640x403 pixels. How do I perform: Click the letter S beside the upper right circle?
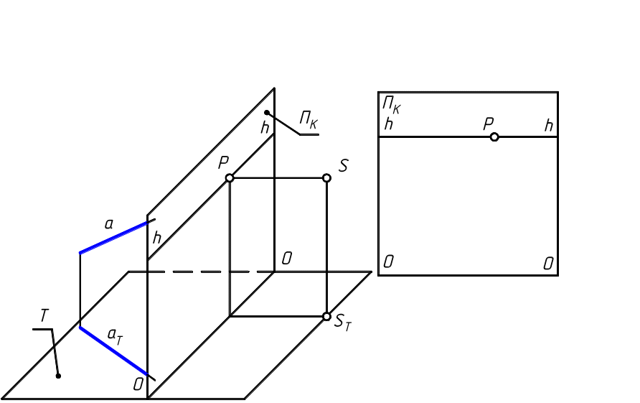click(x=343, y=166)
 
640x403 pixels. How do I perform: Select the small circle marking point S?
click(x=326, y=177)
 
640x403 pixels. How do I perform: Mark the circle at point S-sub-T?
click(x=326, y=316)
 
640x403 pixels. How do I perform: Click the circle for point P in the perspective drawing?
click(x=230, y=177)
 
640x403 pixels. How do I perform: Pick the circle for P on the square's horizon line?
click(x=494, y=136)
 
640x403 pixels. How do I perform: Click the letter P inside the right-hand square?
click(x=488, y=124)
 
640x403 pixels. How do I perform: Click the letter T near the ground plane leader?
click(x=44, y=315)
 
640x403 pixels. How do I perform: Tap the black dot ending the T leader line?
click(x=59, y=375)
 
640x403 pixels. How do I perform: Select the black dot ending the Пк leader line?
click(x=266, y=113)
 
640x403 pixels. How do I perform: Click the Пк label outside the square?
click(x=309, y=120)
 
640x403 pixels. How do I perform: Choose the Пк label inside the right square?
click(x=391, y=105)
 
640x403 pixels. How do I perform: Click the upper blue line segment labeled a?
click(x=115, y=236)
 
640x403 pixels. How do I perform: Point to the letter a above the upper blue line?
click(x=109, y=224)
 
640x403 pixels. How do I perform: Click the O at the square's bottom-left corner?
click(x=388, y=261)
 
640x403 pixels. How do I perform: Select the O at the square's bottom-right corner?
click(x=548, y=264)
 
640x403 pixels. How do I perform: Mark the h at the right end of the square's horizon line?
click(x=549, y=126)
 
